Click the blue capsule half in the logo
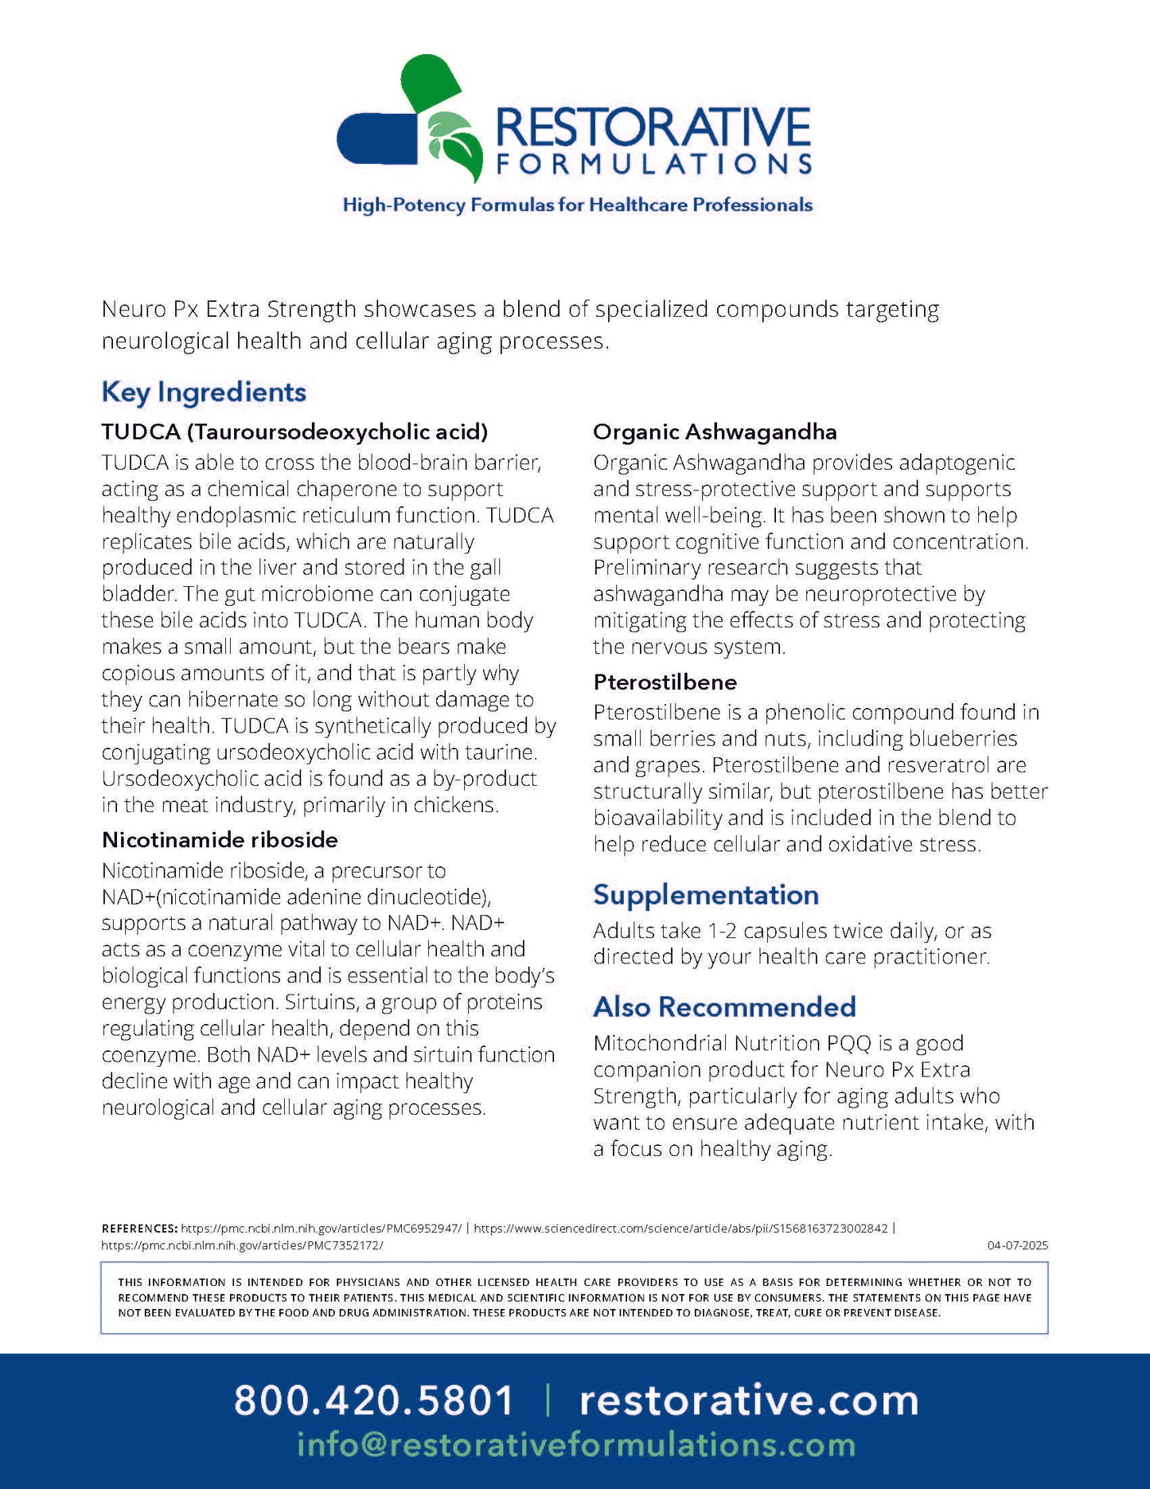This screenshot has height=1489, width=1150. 374,138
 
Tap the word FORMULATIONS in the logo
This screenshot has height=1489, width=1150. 653,164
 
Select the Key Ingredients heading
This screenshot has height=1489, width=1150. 204,392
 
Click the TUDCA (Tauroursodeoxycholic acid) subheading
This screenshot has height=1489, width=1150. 294,432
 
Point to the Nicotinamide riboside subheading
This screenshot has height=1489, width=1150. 220,840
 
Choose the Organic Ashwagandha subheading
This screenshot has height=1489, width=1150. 715,432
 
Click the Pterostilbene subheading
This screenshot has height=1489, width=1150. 665,682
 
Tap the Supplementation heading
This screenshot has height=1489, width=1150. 705,894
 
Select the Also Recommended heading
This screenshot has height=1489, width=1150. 724,1006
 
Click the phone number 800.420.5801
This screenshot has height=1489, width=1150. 373,1400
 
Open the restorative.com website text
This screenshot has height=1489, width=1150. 748,1400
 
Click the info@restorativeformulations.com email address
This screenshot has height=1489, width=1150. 575,1444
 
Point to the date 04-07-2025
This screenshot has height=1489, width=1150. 1017,1245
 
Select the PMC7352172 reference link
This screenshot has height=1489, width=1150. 242,1245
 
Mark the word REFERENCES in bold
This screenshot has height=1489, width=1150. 139,1228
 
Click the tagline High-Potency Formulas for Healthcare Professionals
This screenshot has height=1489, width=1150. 577,205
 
